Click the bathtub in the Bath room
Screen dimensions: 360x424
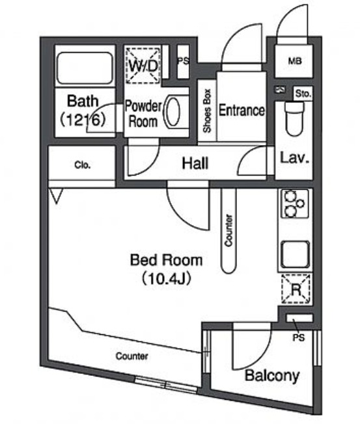[x=85, y=68]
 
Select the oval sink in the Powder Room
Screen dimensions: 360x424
[x=172, y=112]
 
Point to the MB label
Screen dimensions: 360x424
[x=295, y=61]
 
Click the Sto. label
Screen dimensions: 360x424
[x=303, y=94]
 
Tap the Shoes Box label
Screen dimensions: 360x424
[x=207, y=111]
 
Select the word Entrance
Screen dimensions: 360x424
[x=242, y=110]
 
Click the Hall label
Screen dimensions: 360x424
[x=195, y=164]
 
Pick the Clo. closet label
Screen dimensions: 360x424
[x=83, y=165]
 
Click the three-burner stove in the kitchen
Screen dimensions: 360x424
[x=295, y=204]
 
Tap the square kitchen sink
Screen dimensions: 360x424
[x=295, y=254]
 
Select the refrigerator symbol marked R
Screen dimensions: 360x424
[x=296, y=289]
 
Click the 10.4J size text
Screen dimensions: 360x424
[x=167, y=278]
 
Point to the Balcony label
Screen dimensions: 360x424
[x=272, y=375]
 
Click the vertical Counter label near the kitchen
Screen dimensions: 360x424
[x=228, y=231]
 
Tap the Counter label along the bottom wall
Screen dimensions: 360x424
[x=132, y=356]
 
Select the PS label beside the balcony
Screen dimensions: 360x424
[x=299, y=338]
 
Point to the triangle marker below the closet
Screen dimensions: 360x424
[x=56, y=196]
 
